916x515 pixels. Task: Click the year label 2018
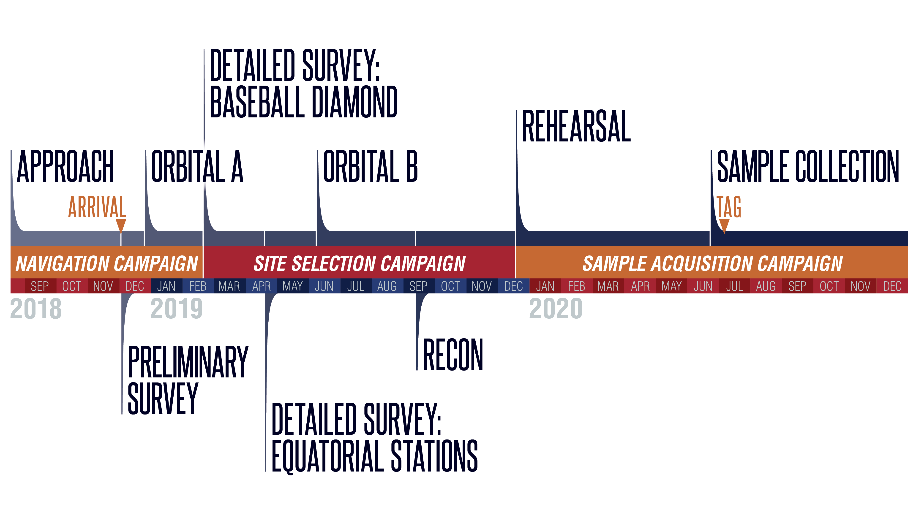[x=36, y=309]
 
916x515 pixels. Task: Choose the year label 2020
[x=555, y=309]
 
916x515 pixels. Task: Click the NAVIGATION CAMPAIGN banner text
[x=107, y=263]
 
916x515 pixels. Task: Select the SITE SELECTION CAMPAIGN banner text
[x=360, y=263]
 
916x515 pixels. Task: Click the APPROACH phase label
[x=65, y=166]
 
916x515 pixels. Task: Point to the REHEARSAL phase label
[x=576, y=126]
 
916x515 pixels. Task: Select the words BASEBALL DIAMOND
[x=303, y=102]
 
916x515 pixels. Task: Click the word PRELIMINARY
[x=188, y=362]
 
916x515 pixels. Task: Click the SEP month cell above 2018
[x=40, y=286]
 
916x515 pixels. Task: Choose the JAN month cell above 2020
[x=545, y=286]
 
